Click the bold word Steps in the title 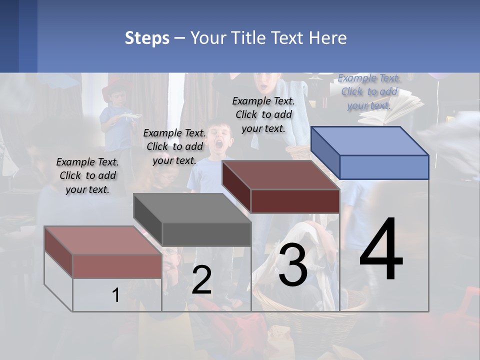click(147, 38)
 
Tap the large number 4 click(381, 249)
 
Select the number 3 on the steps click(292, 265)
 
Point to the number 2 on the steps click(201, 280)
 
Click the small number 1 click(115, 295)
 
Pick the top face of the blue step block click(369, 141)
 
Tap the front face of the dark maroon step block click(295, 201)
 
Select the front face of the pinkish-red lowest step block click(117, 266)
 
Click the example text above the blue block click(369, 91)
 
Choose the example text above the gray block click(174, 146)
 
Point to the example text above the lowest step click(87, 175)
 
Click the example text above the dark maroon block click(263, 114)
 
